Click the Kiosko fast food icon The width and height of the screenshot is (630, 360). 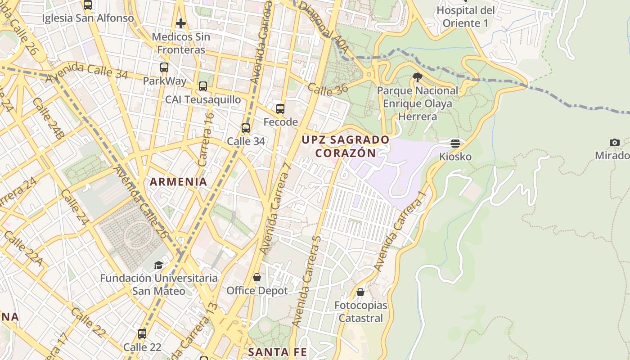click(455, 144)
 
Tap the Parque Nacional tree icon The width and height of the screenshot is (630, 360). click(417, 77)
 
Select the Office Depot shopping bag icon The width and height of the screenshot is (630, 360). click(256, 277)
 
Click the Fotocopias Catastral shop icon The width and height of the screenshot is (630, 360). click(360, 292)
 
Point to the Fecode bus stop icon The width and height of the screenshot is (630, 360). click(280, 108)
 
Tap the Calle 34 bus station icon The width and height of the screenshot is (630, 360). click(246, 128)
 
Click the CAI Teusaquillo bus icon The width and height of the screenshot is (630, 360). click(203, 86)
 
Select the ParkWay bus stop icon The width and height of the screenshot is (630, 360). click(164, 67)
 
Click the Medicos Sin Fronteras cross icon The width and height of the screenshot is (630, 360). click(181, 23)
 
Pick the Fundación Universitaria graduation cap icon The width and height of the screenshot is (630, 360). click(158, 265)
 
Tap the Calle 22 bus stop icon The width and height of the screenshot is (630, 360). click(142, 334)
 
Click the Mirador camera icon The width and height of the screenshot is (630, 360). click(615, 143)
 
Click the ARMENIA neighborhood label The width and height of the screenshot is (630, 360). click(178, 182)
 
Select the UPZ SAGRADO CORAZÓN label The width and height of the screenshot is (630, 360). click(345, 146)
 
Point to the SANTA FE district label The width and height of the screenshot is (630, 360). click(277, 351)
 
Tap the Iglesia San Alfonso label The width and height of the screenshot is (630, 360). click(88, 18)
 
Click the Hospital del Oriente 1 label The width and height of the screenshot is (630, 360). click(465, 16)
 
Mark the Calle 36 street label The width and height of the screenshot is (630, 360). click(328, 90)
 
